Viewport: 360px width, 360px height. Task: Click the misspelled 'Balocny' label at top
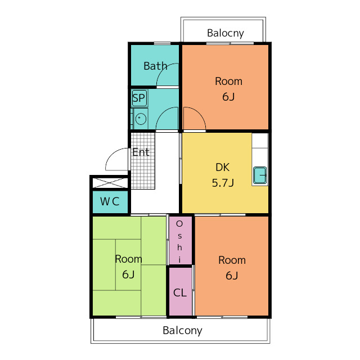(225, 33)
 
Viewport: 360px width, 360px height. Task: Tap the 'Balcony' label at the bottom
(182, 331)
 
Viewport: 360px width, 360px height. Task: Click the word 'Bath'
(155, 66)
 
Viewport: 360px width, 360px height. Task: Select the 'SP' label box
(139, 98)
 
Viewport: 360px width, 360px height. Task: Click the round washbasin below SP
(141, 119)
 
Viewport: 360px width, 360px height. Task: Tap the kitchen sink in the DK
(260, 175)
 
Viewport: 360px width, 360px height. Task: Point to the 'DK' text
(223, 168)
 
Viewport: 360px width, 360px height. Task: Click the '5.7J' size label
(223, 183)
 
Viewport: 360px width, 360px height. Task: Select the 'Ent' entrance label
(141, 152)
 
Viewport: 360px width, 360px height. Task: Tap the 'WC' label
(110, 201)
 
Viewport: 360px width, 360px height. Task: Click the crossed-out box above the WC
(110, 183)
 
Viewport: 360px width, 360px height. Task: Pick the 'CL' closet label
(180, 293)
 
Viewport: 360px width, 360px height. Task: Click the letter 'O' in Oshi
(179, 224)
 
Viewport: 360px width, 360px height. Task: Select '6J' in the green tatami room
(128, 274)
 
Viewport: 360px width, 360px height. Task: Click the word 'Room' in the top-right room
(229, 82)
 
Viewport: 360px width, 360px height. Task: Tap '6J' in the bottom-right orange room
(232, 276)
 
